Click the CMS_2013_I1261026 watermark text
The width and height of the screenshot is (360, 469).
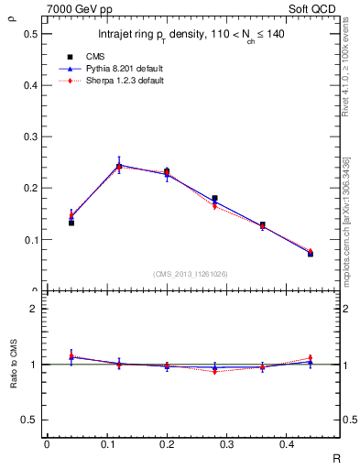(x=191, y=273)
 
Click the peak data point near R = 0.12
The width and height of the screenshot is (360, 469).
(x=119, y=167)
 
